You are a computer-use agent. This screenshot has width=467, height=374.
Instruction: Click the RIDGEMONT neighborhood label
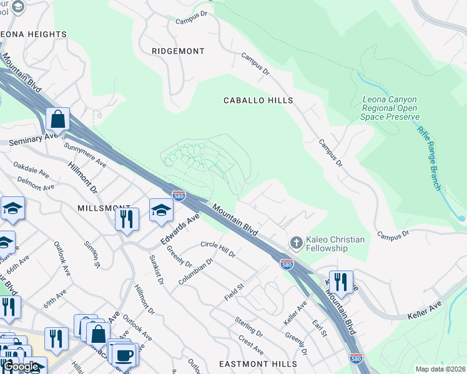tap(179, 50)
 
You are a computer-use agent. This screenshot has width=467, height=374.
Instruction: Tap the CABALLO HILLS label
tap(258, 100)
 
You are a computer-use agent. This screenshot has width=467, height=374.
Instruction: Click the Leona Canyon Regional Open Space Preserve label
tap(390, 108)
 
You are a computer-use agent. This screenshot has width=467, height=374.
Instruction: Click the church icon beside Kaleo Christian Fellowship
tap(297, 241)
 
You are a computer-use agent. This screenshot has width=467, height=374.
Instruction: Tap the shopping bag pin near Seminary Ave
tap(57, 118)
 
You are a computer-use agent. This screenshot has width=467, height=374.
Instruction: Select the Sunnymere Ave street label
tap(85, 154)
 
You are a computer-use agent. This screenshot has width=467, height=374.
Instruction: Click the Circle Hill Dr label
tap(218, 249)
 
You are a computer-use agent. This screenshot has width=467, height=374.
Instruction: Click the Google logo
tap(21, 367)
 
